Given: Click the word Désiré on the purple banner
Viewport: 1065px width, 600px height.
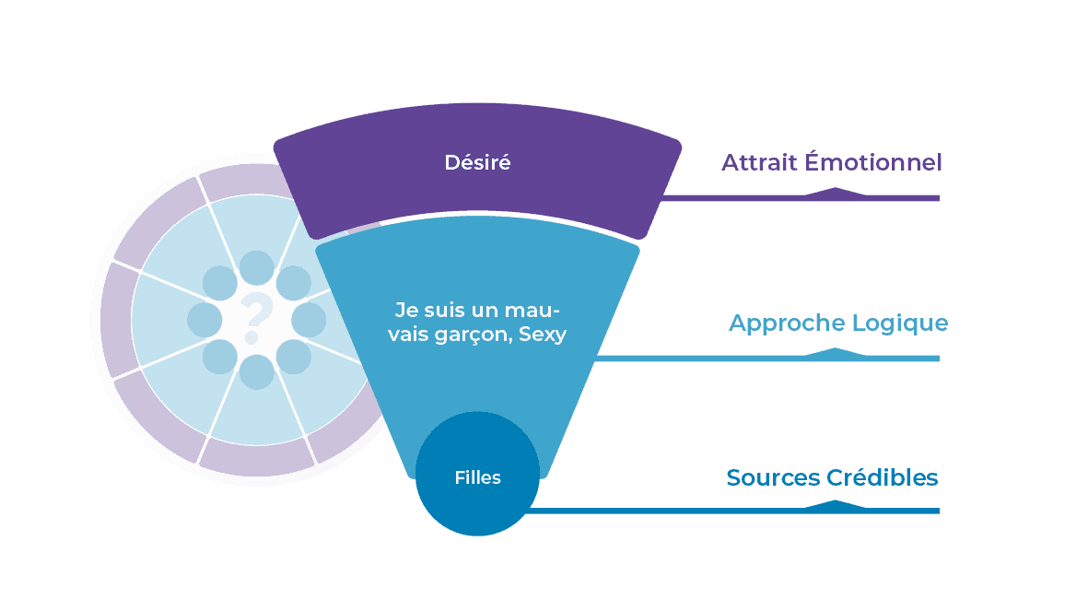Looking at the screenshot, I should click(x=477, y=163).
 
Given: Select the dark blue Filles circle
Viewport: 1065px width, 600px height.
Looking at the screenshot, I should click(x=477, y=478).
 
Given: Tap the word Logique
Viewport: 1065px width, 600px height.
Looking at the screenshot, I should click(x=900, y=324).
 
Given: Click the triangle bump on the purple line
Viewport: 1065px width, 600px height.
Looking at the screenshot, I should click(x=835, y=192).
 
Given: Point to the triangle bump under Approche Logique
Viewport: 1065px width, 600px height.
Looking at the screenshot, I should click(x=835, y=352).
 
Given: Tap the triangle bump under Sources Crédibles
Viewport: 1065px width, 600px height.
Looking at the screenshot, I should click(x=835, y=505).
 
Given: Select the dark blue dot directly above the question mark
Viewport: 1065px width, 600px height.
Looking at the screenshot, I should click(x=256, y=267).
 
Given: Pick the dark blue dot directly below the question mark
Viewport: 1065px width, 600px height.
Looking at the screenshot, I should click(x=256, y=372).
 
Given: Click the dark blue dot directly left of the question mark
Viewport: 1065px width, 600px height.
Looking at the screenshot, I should click(x=205, y=320).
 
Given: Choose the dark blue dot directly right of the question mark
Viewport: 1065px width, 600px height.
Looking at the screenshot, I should click(x=309, y=320).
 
